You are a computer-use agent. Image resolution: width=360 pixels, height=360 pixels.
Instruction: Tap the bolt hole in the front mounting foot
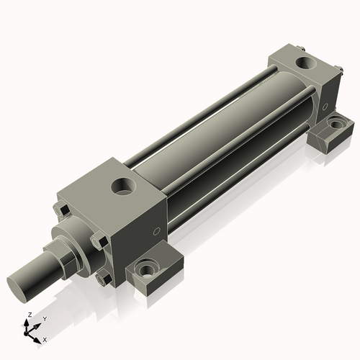tap(148, 271)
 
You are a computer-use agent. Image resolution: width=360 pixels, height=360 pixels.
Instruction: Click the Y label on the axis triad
tap(44, 318)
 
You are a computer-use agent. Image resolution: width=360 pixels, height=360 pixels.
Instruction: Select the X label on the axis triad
tap(45, 338)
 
